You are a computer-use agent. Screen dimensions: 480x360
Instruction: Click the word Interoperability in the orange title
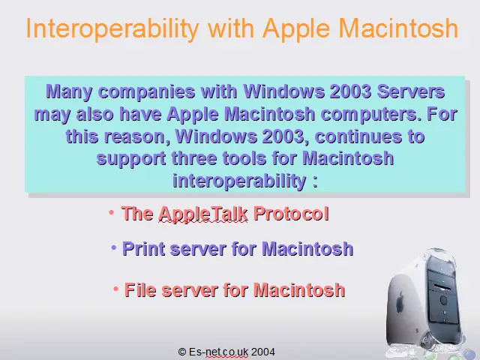[x=112, y=29]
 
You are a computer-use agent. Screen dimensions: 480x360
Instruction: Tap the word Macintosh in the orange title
[x=398, y=28]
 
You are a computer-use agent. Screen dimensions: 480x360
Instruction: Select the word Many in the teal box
[x=69, y=91]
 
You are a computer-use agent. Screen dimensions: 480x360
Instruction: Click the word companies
[x=147, y=92]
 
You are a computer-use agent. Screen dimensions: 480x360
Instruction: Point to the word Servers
[x=411, y=91]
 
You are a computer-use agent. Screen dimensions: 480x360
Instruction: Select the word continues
[x=358, y=136]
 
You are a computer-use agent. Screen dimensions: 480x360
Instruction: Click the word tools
[x=244, y=158]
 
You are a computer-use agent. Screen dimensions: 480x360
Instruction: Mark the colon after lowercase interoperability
[x=315, y=181]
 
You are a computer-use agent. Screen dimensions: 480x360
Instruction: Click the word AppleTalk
[x=203, y=214]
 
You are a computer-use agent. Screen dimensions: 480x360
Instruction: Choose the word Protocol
[x=291, y=213]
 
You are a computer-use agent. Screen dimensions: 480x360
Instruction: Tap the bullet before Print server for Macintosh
[x=114, y=247]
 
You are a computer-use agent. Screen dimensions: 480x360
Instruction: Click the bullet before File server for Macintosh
[x=116, y=289]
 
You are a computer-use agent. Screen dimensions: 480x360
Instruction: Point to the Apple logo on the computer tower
[x=400, y=301]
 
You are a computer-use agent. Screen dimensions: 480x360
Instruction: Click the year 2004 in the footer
[x=263, y=352]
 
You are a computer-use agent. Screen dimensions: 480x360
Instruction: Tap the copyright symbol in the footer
[x=182, y=352]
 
